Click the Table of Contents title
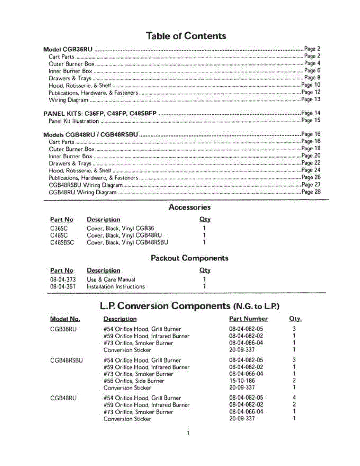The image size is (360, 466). coord(186,36)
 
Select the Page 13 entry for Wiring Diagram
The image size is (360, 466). coord(311,99)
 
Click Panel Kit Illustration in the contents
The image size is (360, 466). coord(74,121)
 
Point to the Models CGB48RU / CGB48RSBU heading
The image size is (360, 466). coord(90,135)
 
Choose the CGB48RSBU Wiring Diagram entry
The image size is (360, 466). coord(86,185)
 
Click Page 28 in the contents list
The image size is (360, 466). coord(311,192)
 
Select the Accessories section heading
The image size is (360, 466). coord(190,207)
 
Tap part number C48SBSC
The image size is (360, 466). coord(62,242)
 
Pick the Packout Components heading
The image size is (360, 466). coord(190,258)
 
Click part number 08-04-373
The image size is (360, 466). coord(63,280)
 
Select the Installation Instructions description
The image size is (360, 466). coord(116,287)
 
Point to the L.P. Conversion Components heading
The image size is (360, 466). coord(190,306)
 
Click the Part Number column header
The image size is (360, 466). coord(248,319)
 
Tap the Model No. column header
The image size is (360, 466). coord(65,319)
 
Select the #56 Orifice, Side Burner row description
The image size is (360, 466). coord(134,381)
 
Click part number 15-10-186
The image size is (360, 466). coord(242,381)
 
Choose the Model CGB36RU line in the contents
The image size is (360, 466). coord(68,50)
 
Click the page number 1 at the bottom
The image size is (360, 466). coord(188,433)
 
